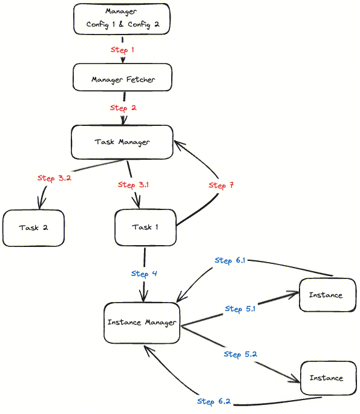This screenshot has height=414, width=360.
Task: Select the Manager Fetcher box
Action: coord(123,79)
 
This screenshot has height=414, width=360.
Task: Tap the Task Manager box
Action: coord(122,142)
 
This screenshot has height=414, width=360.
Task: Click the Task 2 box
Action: coord(33,228)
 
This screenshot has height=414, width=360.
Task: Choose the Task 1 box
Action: coord(145,228)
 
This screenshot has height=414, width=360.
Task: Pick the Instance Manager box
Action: coord(142,323)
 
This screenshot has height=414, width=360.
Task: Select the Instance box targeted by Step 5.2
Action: coord(327,378)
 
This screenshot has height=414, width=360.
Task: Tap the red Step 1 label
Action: coord(123,50)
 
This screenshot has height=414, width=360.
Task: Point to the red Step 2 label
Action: coord(123,108)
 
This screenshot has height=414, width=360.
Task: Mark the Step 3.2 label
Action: coord(54,178)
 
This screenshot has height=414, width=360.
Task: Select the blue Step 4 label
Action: coord(144,274)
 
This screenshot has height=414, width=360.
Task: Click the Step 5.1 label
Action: coord(240,309)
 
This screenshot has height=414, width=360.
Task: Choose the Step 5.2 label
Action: coord(240,354)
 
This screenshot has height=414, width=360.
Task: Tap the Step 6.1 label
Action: coord(230,260)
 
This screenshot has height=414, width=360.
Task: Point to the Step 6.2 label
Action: coord(214,401)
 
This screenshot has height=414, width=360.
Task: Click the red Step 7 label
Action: coord(221,185)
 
